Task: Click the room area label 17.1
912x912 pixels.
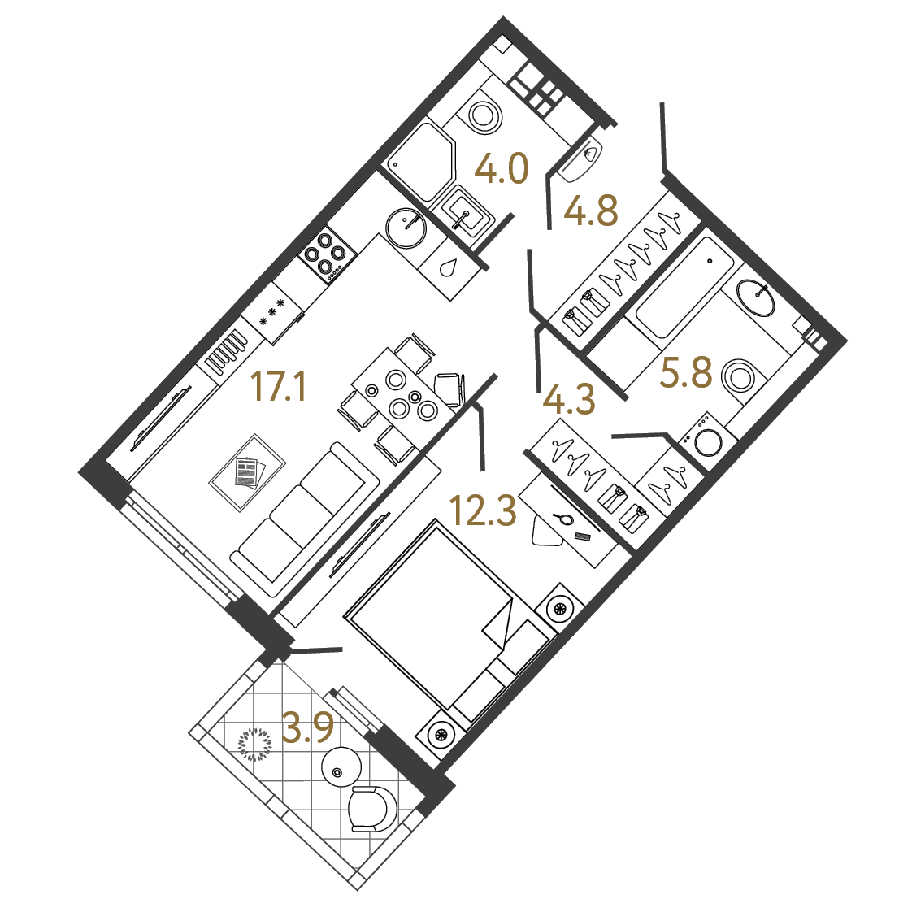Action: coord(278,387)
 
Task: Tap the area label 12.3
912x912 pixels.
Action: coord(484,510)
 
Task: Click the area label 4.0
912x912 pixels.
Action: coord(502,169)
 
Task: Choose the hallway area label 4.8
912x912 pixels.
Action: coord(591,211)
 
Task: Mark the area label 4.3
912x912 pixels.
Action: coord(569,400)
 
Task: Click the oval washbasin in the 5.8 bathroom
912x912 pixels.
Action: coord(756,297)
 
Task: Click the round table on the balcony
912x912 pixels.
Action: coord(341,767)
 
